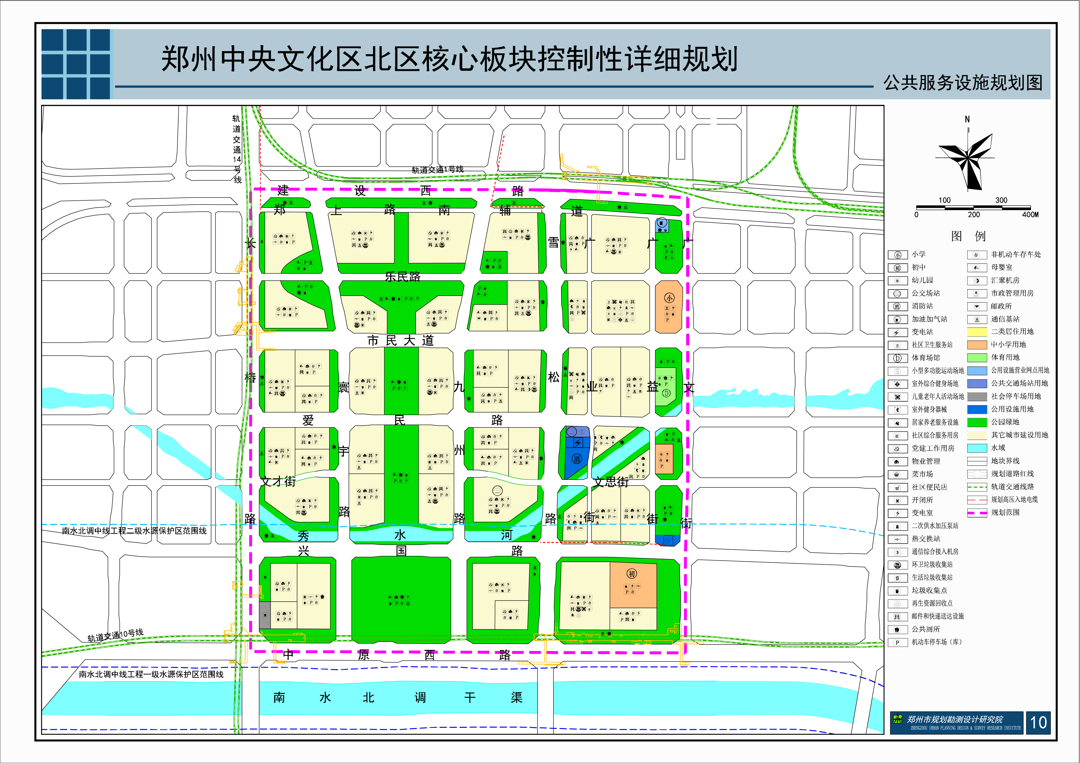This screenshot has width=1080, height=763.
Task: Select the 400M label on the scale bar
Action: [1030, 215]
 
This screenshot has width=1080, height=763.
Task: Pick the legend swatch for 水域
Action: [977, 448]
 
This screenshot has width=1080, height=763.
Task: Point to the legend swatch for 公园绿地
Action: [977, 422]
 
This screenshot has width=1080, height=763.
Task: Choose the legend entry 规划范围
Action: [1005, 513]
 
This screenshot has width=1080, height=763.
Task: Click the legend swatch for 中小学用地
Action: [977, 345]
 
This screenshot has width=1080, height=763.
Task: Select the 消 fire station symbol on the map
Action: [577, 459]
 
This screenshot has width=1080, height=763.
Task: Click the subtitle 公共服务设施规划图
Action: [963, 83]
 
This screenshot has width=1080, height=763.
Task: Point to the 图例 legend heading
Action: [968, 236]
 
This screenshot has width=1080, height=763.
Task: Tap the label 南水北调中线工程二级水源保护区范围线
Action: [134, 531]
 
